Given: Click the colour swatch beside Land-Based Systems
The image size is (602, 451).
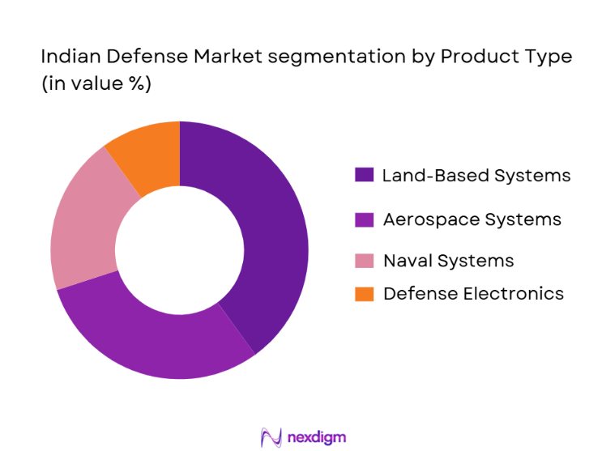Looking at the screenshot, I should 364,175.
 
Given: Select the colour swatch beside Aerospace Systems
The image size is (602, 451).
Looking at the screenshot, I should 364,219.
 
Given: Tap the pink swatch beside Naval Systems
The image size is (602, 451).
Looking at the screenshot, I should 364,260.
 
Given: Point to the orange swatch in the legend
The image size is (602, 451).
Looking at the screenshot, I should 364,293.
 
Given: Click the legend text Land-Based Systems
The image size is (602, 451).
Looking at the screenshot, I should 476,176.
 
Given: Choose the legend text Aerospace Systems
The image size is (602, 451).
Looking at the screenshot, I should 472,219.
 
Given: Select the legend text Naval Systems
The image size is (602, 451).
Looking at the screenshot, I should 448,261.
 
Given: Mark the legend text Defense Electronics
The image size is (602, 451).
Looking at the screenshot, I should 473,294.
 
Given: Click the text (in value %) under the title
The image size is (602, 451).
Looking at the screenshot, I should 96,83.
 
